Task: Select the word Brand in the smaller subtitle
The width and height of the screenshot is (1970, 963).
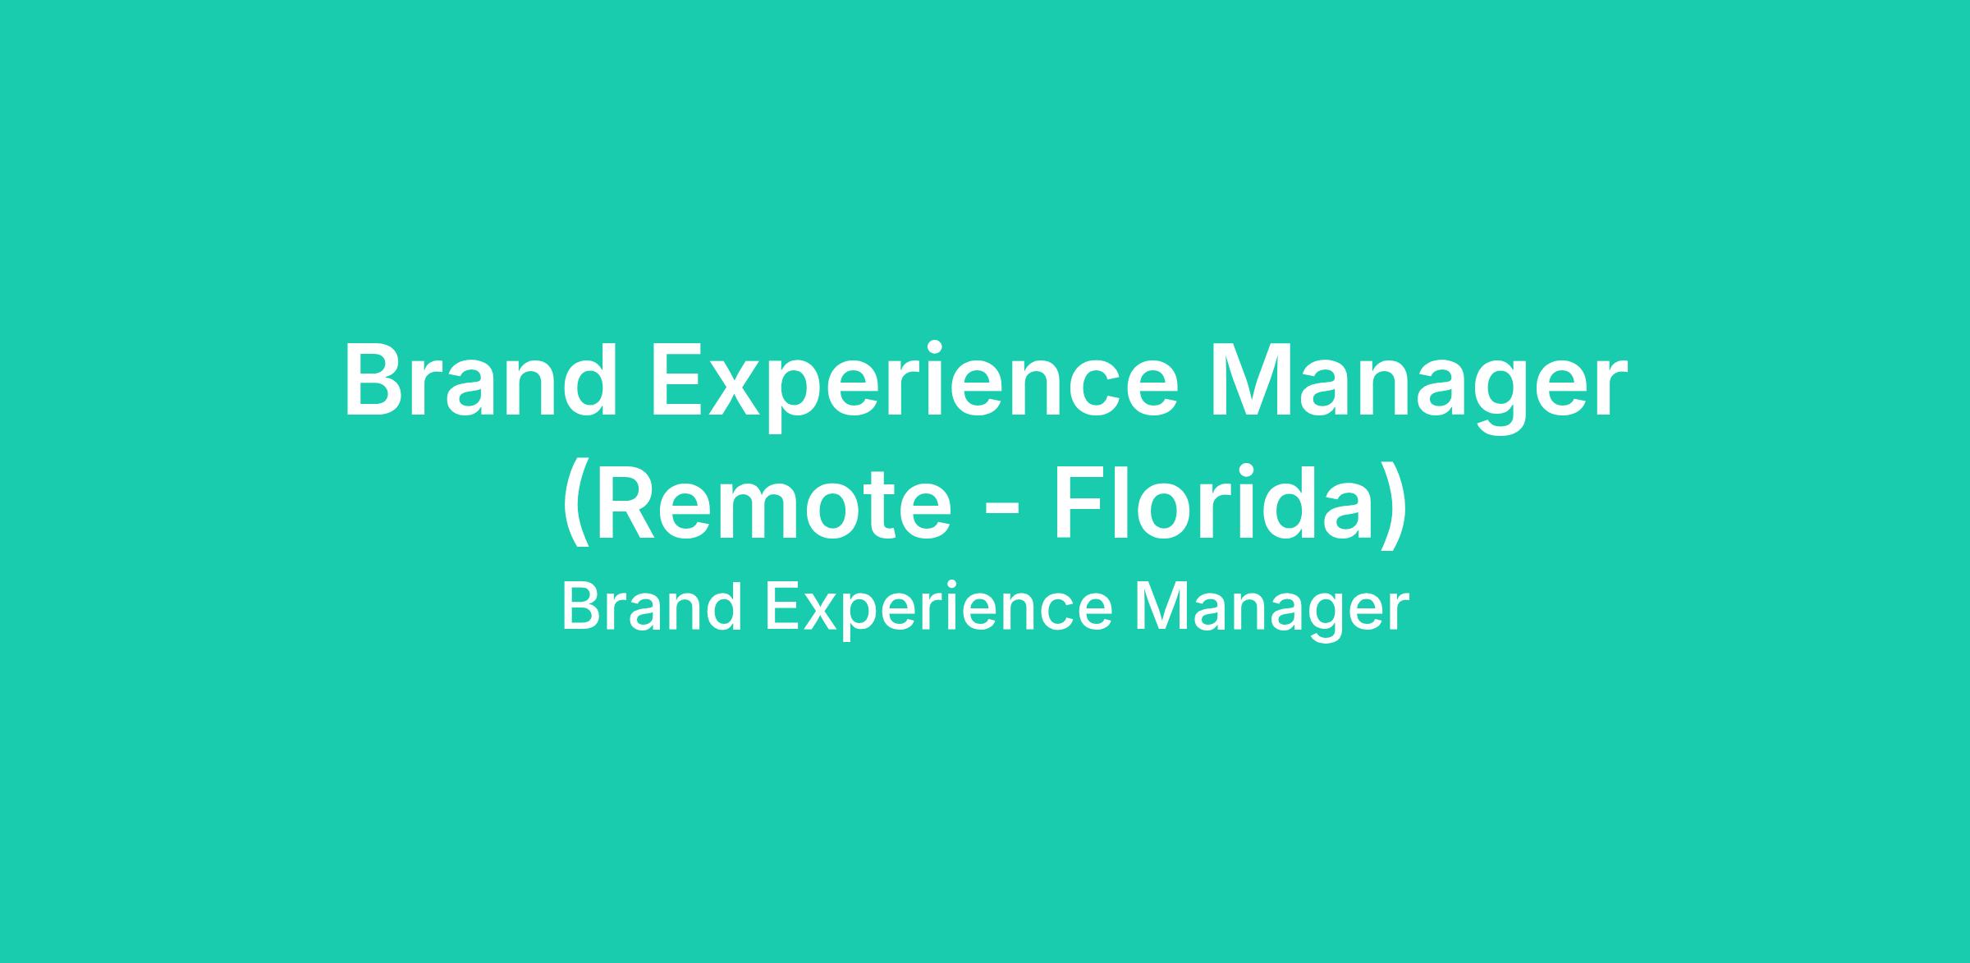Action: pyautogui.click(x=653, y=608)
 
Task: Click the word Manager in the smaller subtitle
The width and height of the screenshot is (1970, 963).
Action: pyautogui.click(x=1272, y=612)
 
